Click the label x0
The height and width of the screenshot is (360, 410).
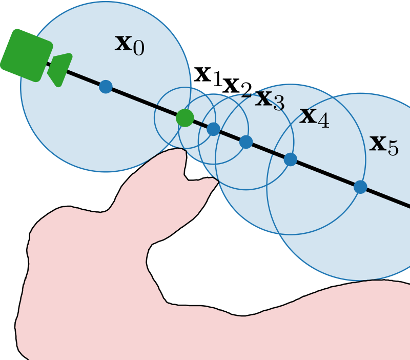click(x=129, y=45)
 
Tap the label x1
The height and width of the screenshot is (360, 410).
click(x=208, y=76)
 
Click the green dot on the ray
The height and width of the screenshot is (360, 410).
click(x=184, y=118)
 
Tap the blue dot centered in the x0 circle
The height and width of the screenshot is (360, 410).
click(x=106, y=87)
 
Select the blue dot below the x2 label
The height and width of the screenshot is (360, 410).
click(x=214, y=129)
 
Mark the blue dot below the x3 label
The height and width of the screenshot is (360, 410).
click(x=246, y=142)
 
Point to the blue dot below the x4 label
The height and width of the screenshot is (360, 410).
click(x=291, y=159)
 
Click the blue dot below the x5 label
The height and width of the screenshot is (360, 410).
click(x=360, y=187)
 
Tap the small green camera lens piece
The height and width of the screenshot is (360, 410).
click(x=59, y=70)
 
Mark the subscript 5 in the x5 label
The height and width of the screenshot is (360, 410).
click(x=393, y=149)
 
